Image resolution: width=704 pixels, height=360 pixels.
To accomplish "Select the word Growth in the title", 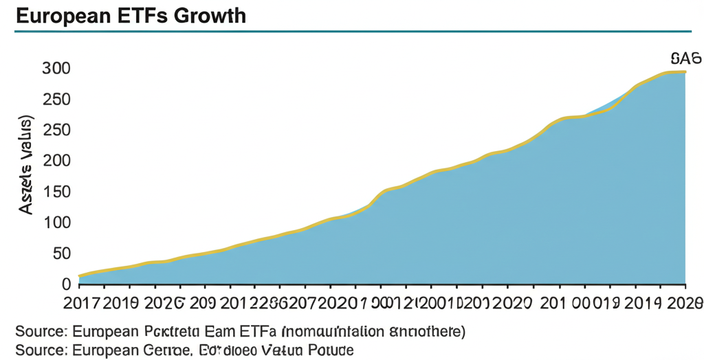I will click(x=211, y=15).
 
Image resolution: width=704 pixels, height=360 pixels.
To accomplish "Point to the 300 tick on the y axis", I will click(x=56, y=69).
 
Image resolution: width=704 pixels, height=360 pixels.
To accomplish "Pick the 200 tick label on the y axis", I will click(x=56, y=161).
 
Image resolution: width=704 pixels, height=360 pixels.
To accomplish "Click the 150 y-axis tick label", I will click(x=56, y=192).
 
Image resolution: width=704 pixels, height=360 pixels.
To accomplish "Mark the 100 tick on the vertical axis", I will click(x=56, y=223).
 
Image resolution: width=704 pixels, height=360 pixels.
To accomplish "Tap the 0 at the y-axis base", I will click(x=66, y=284).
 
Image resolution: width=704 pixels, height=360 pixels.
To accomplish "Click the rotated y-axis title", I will click(x=27, y=165).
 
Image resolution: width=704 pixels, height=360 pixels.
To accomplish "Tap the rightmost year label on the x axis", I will click(x=685, y=302).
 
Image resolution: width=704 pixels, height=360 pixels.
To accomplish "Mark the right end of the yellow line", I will click(x=685, y=71).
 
